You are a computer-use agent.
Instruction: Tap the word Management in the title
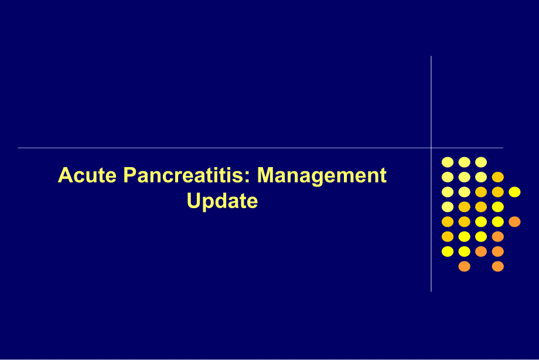[x=322, y=176]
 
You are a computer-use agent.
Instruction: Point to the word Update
[x=222, y=201]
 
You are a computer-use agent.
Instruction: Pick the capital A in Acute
[x=64, y=176]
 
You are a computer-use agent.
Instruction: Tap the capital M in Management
[x=267, y=176]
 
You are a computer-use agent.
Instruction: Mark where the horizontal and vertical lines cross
[x=431, y=148]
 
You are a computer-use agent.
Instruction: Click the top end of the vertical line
[x=431, y=57]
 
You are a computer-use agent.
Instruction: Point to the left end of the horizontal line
[x=19, y=148]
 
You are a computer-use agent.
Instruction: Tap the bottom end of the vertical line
[x=431, y=291]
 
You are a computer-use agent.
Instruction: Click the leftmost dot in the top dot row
[x=448, y=162]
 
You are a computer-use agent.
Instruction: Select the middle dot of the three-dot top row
[x=465, y=162]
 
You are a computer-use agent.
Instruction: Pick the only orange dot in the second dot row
[x=498, y=177]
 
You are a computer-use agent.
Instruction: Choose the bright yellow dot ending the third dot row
[x=514, y=192]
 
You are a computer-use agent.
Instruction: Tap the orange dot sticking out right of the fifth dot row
[x=514, y=222]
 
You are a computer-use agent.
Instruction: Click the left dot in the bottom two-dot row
[x=465, y=267]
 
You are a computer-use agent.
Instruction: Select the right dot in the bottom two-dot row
[x=498, y=267]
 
